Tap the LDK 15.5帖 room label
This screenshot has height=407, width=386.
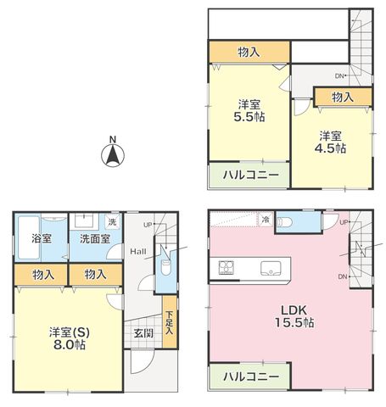294,316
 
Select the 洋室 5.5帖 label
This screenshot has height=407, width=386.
249,110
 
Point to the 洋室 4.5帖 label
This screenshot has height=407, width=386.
330,142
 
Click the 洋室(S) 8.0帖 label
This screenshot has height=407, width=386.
70,338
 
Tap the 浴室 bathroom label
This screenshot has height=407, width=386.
42,238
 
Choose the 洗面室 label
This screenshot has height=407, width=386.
95,239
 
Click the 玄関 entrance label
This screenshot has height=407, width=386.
143,333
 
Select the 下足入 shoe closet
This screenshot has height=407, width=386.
170,321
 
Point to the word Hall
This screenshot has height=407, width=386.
138,251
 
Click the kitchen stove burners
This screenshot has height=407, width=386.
227,267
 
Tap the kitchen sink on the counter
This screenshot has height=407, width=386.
271,268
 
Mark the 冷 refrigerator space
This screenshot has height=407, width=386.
266,220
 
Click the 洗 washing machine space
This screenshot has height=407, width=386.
113,221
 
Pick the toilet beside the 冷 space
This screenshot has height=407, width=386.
284,222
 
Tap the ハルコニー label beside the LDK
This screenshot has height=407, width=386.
251,376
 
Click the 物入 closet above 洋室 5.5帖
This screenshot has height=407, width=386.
249,53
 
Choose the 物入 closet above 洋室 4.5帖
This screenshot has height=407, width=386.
343,98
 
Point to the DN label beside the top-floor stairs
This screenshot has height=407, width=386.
339,75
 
